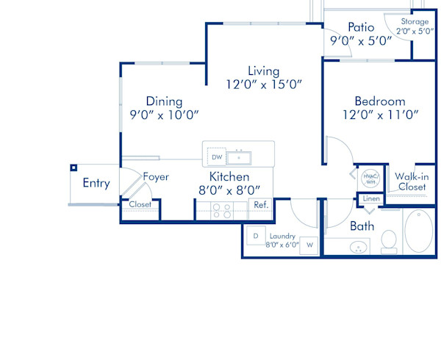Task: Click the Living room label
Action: click(x=263, y=71)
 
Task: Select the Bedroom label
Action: click(x=380, y=101)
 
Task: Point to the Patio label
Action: click(x=361, y=27)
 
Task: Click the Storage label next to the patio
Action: click(x=415, y=22)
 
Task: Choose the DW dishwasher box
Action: click(x=216, y=157)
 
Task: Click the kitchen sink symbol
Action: click(x=239, y=157)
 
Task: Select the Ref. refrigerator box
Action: click(x=260, y=206)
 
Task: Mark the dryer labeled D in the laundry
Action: click(x=255, y=236)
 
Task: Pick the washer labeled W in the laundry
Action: click(x=309, y=244)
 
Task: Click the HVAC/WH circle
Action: click(x=370, y=179)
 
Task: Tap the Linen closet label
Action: click(x=371, y=199)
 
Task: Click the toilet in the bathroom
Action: click(x=389, y=240)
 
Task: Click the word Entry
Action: click(x=96, y=183)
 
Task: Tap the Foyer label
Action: click(x=156, y=176)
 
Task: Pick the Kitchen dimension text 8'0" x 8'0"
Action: click(x=229, y=191)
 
